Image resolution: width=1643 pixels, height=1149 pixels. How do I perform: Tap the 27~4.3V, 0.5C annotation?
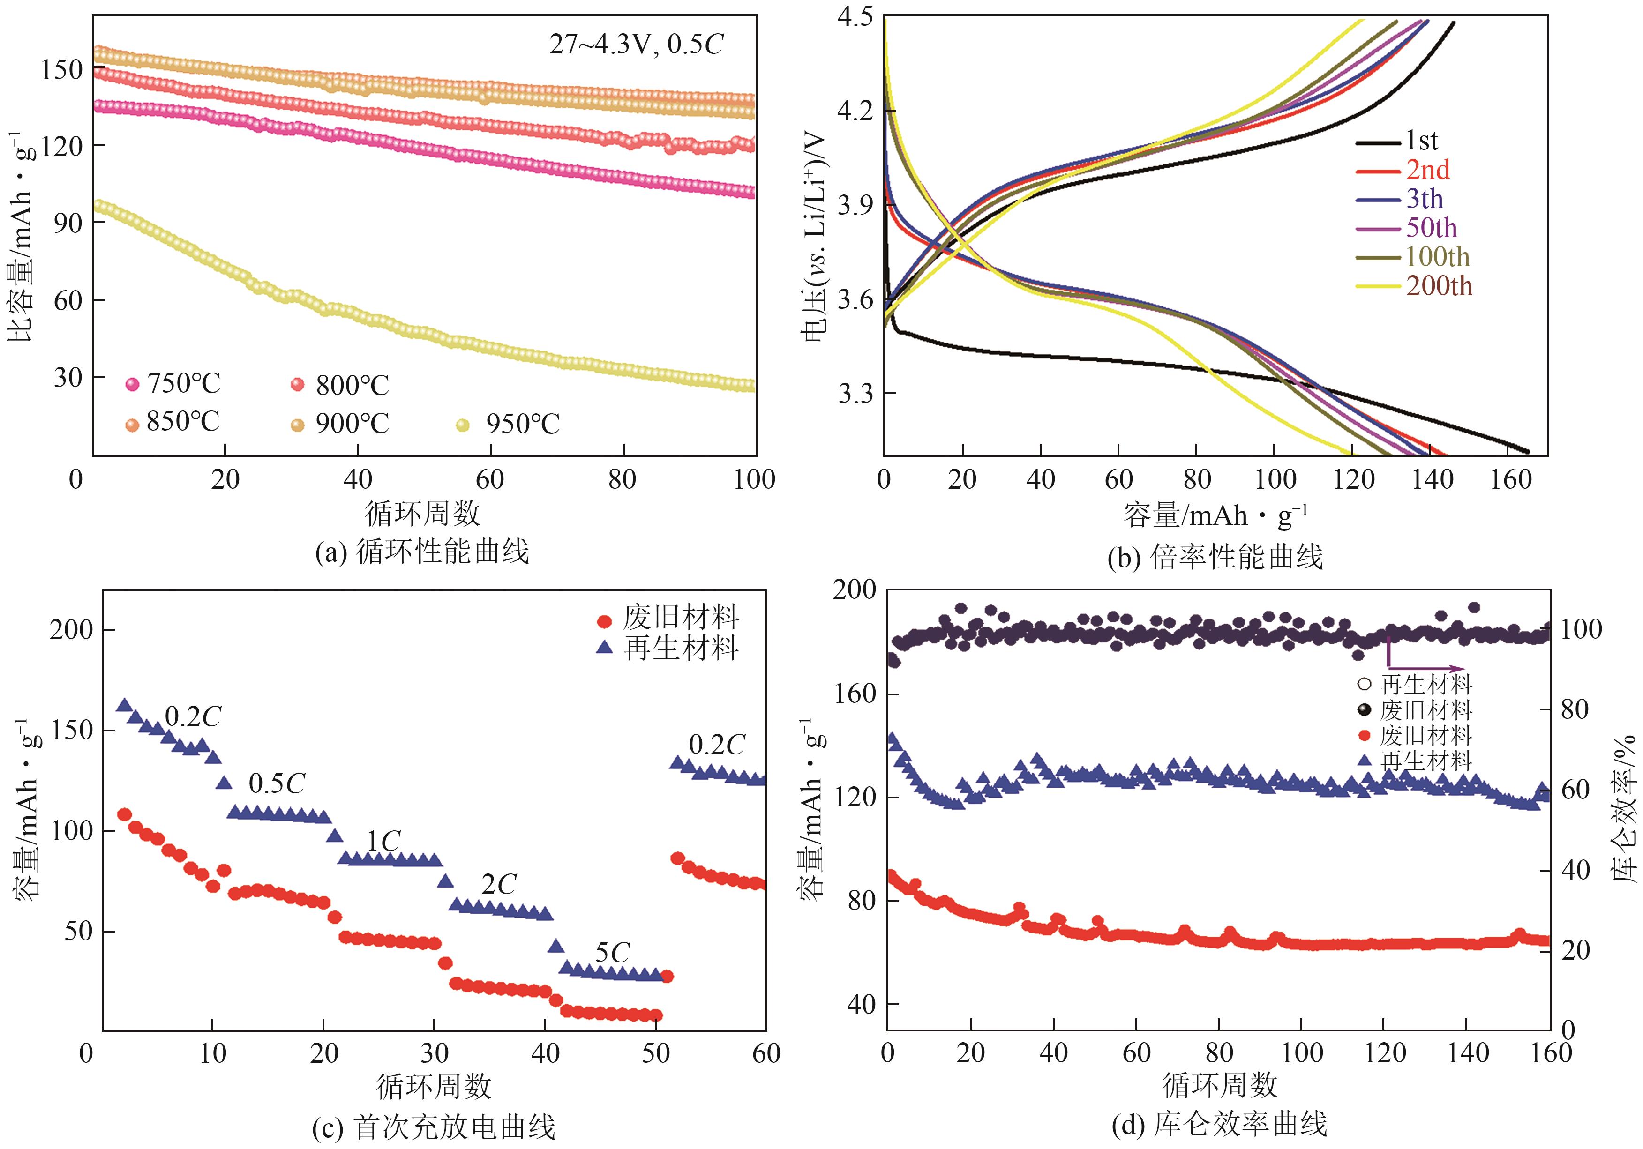pyautogui.click(x=636, y=45)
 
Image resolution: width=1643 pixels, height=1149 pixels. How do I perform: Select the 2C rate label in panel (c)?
pyautogui.click(x=498, y=885)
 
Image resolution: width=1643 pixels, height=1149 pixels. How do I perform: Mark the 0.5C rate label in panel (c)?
pyautogui.click(x=277, y=783)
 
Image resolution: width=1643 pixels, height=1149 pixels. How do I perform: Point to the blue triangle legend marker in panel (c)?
pyautogui.click(x=605, y=648)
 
